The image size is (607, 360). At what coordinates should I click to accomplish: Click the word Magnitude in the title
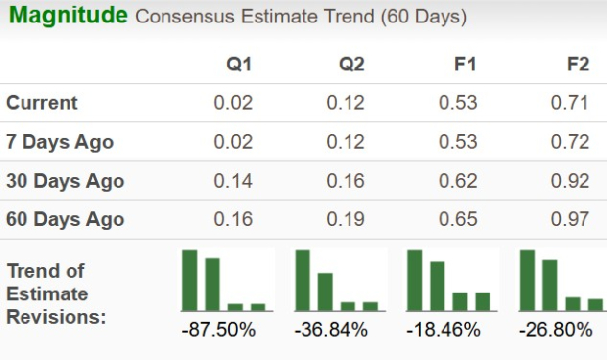click(x=66, y=16)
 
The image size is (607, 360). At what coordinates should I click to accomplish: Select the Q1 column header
click(x=239, y=65)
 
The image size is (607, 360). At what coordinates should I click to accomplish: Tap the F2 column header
click(x=578, y=65)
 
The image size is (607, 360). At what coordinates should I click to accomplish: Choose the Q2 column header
click(x=351, y=65)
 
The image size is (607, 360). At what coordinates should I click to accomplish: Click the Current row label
click(x=41, y=103)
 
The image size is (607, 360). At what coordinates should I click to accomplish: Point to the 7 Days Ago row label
click(x=59, y=142)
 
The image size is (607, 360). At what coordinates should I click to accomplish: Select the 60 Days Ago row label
click(x=65, y=219)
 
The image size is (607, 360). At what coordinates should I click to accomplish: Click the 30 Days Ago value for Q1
click(x=233, y=181)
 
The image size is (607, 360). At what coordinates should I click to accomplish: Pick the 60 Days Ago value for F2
click(x=573, y=219)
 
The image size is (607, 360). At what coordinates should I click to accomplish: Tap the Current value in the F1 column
click(x=460, y=103)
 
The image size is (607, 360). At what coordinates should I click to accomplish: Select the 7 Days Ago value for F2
click(x=573, y=142)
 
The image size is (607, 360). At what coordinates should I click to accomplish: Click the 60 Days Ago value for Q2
click(x=347, y=219)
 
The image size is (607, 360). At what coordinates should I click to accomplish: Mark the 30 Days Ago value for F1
click(x=460, y=181)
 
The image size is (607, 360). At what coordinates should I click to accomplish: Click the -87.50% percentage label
click(x=218, y=330)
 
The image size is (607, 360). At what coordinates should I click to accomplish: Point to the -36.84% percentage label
click(x=331, y=330)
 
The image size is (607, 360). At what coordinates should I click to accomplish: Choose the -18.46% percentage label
click(x=444, y=330)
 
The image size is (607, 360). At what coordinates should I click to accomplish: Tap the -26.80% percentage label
click(x=556, y=330)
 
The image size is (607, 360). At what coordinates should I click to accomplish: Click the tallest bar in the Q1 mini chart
click(x=190, y=281)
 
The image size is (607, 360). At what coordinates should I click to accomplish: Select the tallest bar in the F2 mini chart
click(x=528, y=281)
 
